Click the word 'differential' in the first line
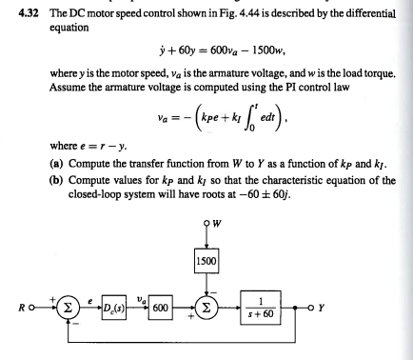click(367, 10)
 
